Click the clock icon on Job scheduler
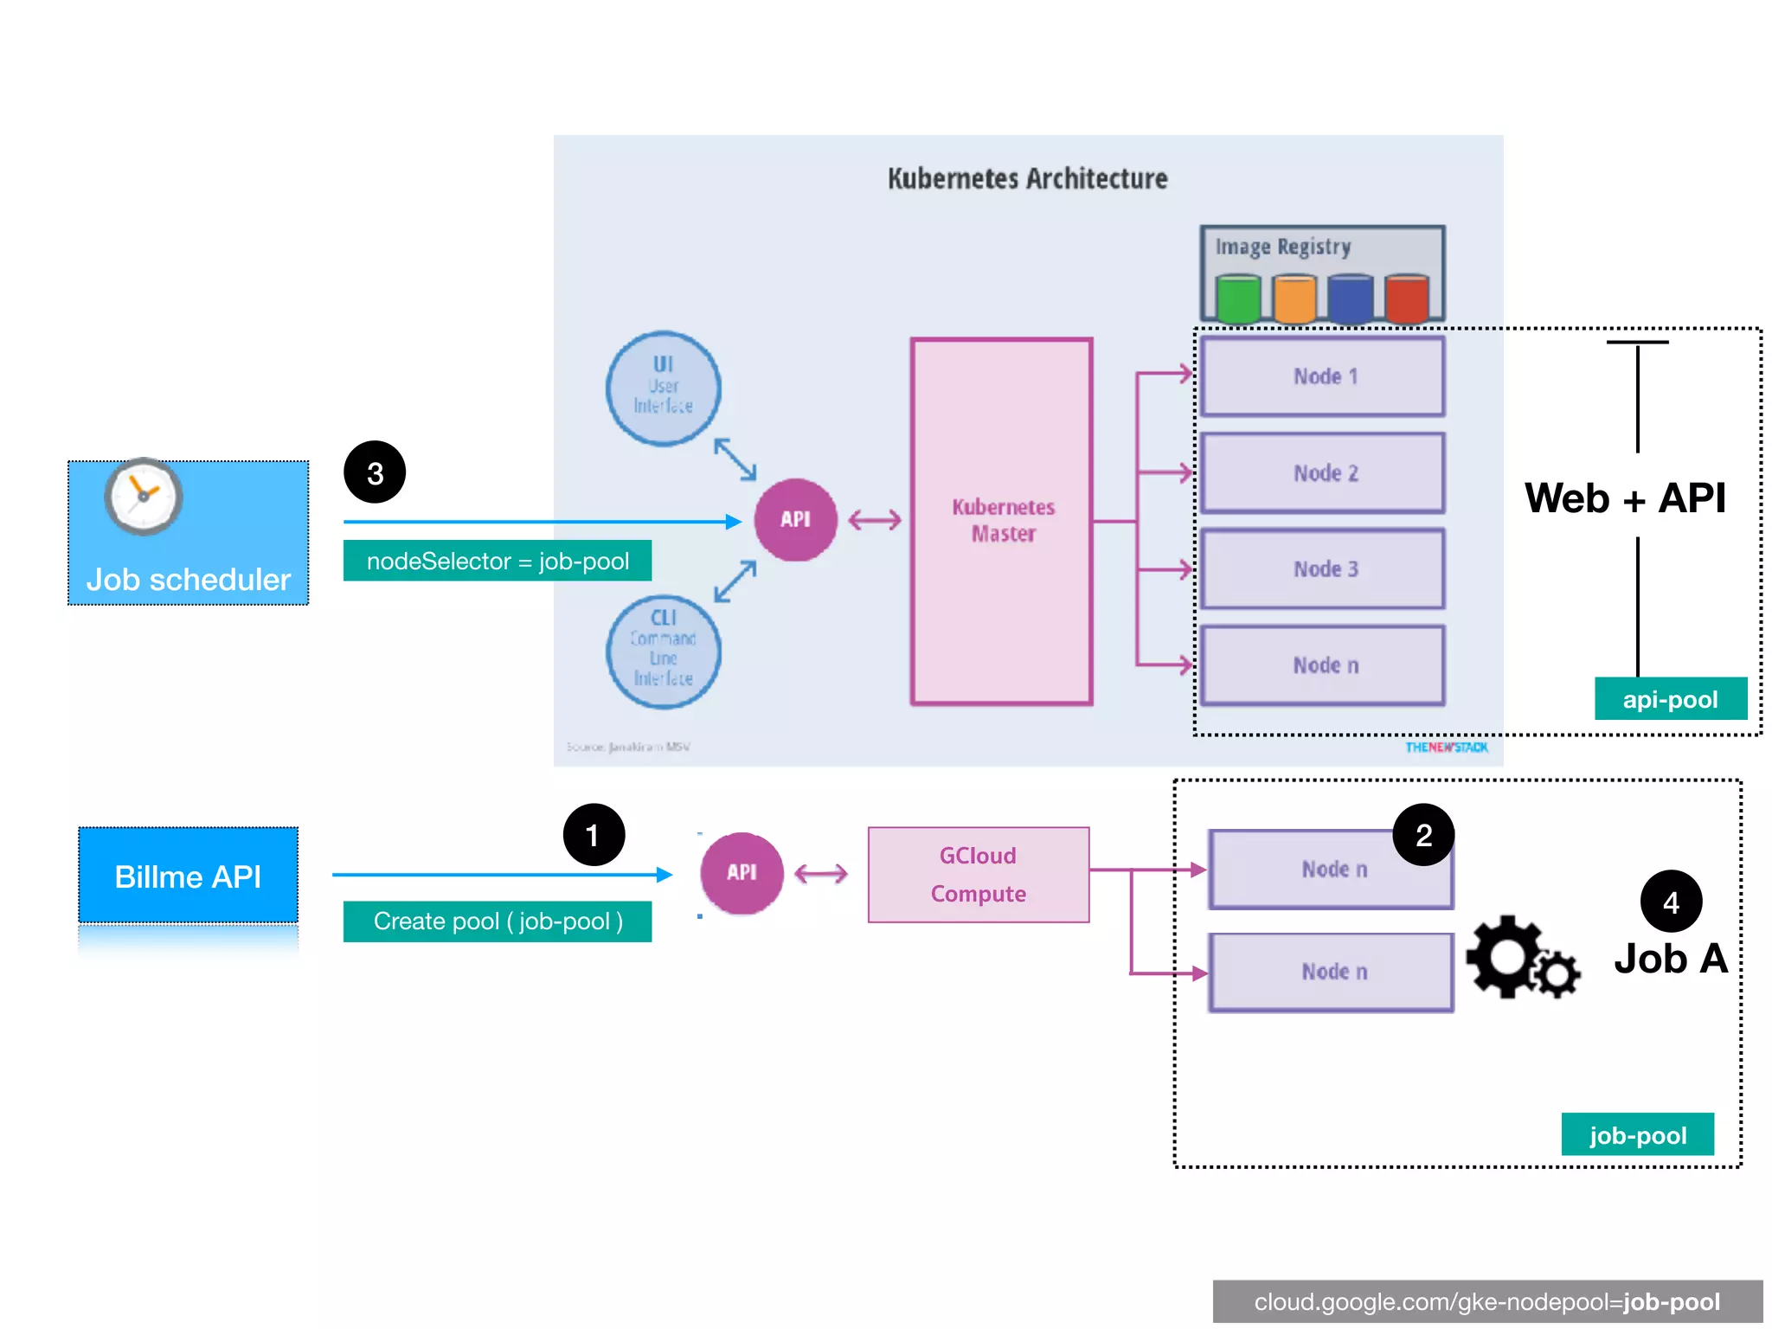pyautogui.click(x=144, y=497)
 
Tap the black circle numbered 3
pyautogui.click(x=375, y=472)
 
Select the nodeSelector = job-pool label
pyautogui.click(x=497, y=561)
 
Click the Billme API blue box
pyautogui.click(x=188, y=876)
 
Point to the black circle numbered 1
pyautogui.click(x=594, y=835)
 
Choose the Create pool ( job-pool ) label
pyautogui.click(x=497, y=921)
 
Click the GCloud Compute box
pyautogui.click(x=978, y=874)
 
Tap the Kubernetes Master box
pyautogui.click(x=1002, y=521)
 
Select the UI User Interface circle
pyautogui.click(x=663, y=388)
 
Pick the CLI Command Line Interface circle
pyautogui.click(x=663, y=652)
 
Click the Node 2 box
pyautogui.click(x=1323, y=473)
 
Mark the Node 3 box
pyautogui.click(x=1323, y=569)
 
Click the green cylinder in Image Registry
pyautogui.click(x=1238, y=299)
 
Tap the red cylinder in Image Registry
pyautogui.click(x=1406, y=299)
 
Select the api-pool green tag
pyautogui.click(x=1670, y=699)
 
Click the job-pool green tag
pyautogui.click(x=1637, y=1134)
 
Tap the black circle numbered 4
pyautogui.click(x=1671, y=902)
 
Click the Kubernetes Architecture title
pyautogui.click(x=1027, y=179)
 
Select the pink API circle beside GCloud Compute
pyautogui.click(x=742, y=873)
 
